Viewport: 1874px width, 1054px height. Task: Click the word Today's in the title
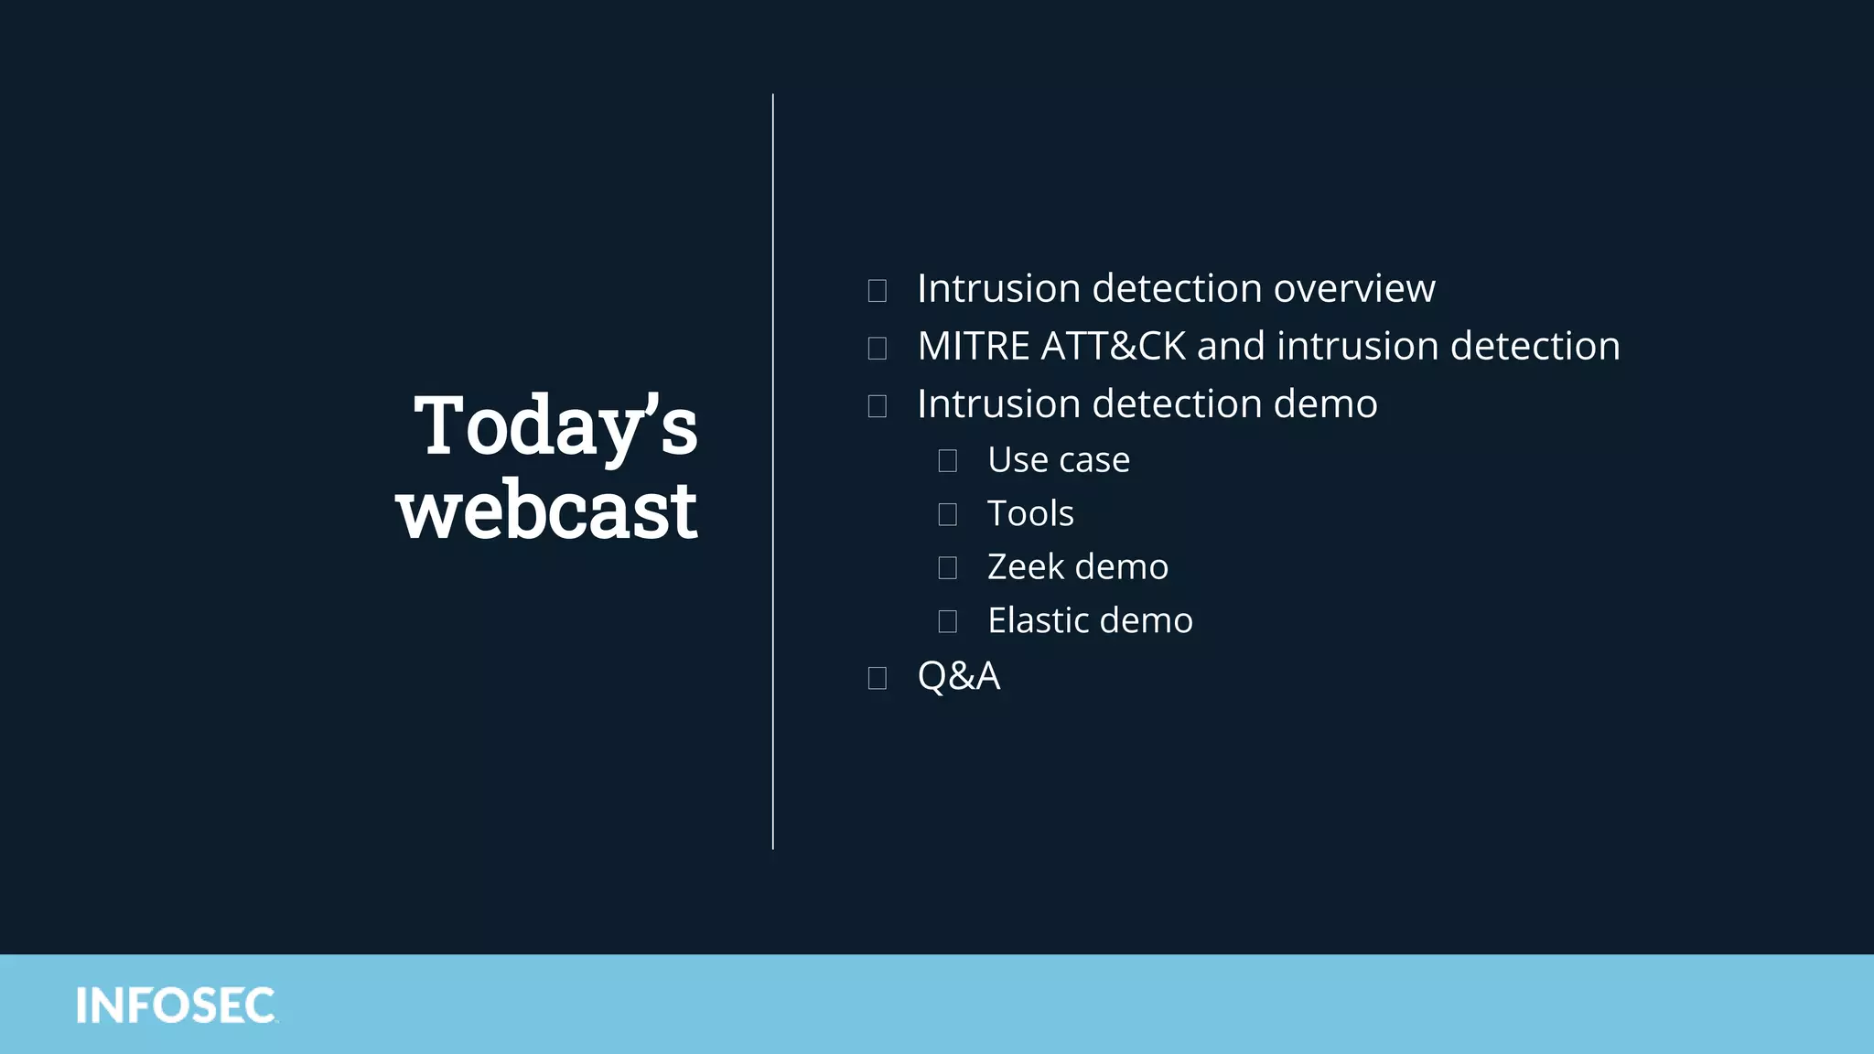point(555,426)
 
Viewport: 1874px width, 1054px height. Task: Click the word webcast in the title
point(546,511)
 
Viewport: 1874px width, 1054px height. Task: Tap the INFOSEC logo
point(176,1006)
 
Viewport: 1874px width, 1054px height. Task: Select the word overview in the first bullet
point(1353,289)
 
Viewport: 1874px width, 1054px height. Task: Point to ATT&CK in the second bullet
point(1114,347)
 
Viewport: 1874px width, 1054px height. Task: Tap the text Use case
point(1058,460)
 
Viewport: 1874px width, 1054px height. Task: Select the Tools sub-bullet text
point(1030,513)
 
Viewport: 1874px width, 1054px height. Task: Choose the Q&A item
point(958,677)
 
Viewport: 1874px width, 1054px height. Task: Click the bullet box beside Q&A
point(877,678)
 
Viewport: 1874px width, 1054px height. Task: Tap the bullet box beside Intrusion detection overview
point(877,291)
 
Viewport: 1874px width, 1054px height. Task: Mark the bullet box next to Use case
point(947,460)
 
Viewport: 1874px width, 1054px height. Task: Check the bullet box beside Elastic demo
point(947,622)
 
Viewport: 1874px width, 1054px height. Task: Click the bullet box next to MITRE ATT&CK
point(877,349)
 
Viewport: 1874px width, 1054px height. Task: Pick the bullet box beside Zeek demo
point(947,568)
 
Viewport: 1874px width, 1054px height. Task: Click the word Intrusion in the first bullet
point(998,289)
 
